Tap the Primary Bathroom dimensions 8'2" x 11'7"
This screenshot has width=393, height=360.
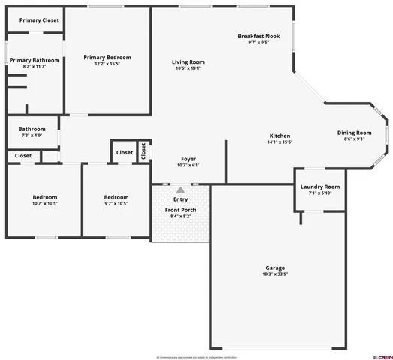[34, 67]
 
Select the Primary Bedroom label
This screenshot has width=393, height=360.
[107, 58]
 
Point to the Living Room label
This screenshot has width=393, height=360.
[188, 62]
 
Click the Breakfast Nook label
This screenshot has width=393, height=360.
[258, 36]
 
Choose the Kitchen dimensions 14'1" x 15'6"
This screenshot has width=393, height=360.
[280, 142]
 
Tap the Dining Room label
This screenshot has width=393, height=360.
[354, 133]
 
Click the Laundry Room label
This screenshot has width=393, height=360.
[320, 187]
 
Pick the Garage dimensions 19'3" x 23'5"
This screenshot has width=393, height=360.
[275, 274]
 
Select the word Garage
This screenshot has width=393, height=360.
[275, 268]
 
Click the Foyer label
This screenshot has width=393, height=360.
[188, 159]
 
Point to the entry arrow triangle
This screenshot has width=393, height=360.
[180, 190]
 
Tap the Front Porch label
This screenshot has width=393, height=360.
[181, 210]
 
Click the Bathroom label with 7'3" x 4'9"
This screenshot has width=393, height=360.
[32, 129]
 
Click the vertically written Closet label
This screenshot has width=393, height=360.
[142, 151]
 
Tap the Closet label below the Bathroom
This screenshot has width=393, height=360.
[23, 156]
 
